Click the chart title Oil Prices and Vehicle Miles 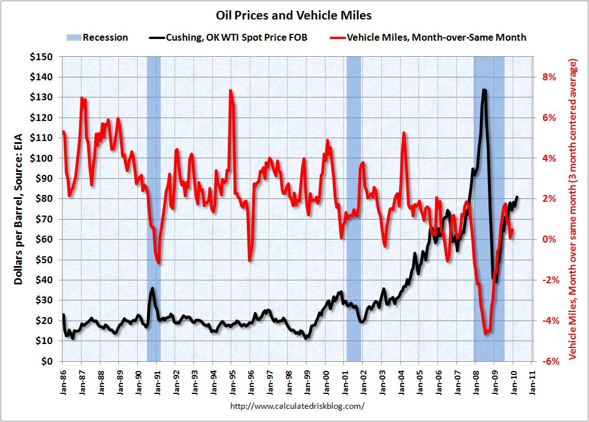pos(294,14)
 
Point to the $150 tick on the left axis pos(42,57)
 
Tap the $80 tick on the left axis pos(44,199)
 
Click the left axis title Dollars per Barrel pos(19,209)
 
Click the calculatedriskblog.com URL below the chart pos(297,406)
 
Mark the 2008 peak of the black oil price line pos(485,90)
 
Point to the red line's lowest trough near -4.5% pos(487,333)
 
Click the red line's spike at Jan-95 pos(231,91)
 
